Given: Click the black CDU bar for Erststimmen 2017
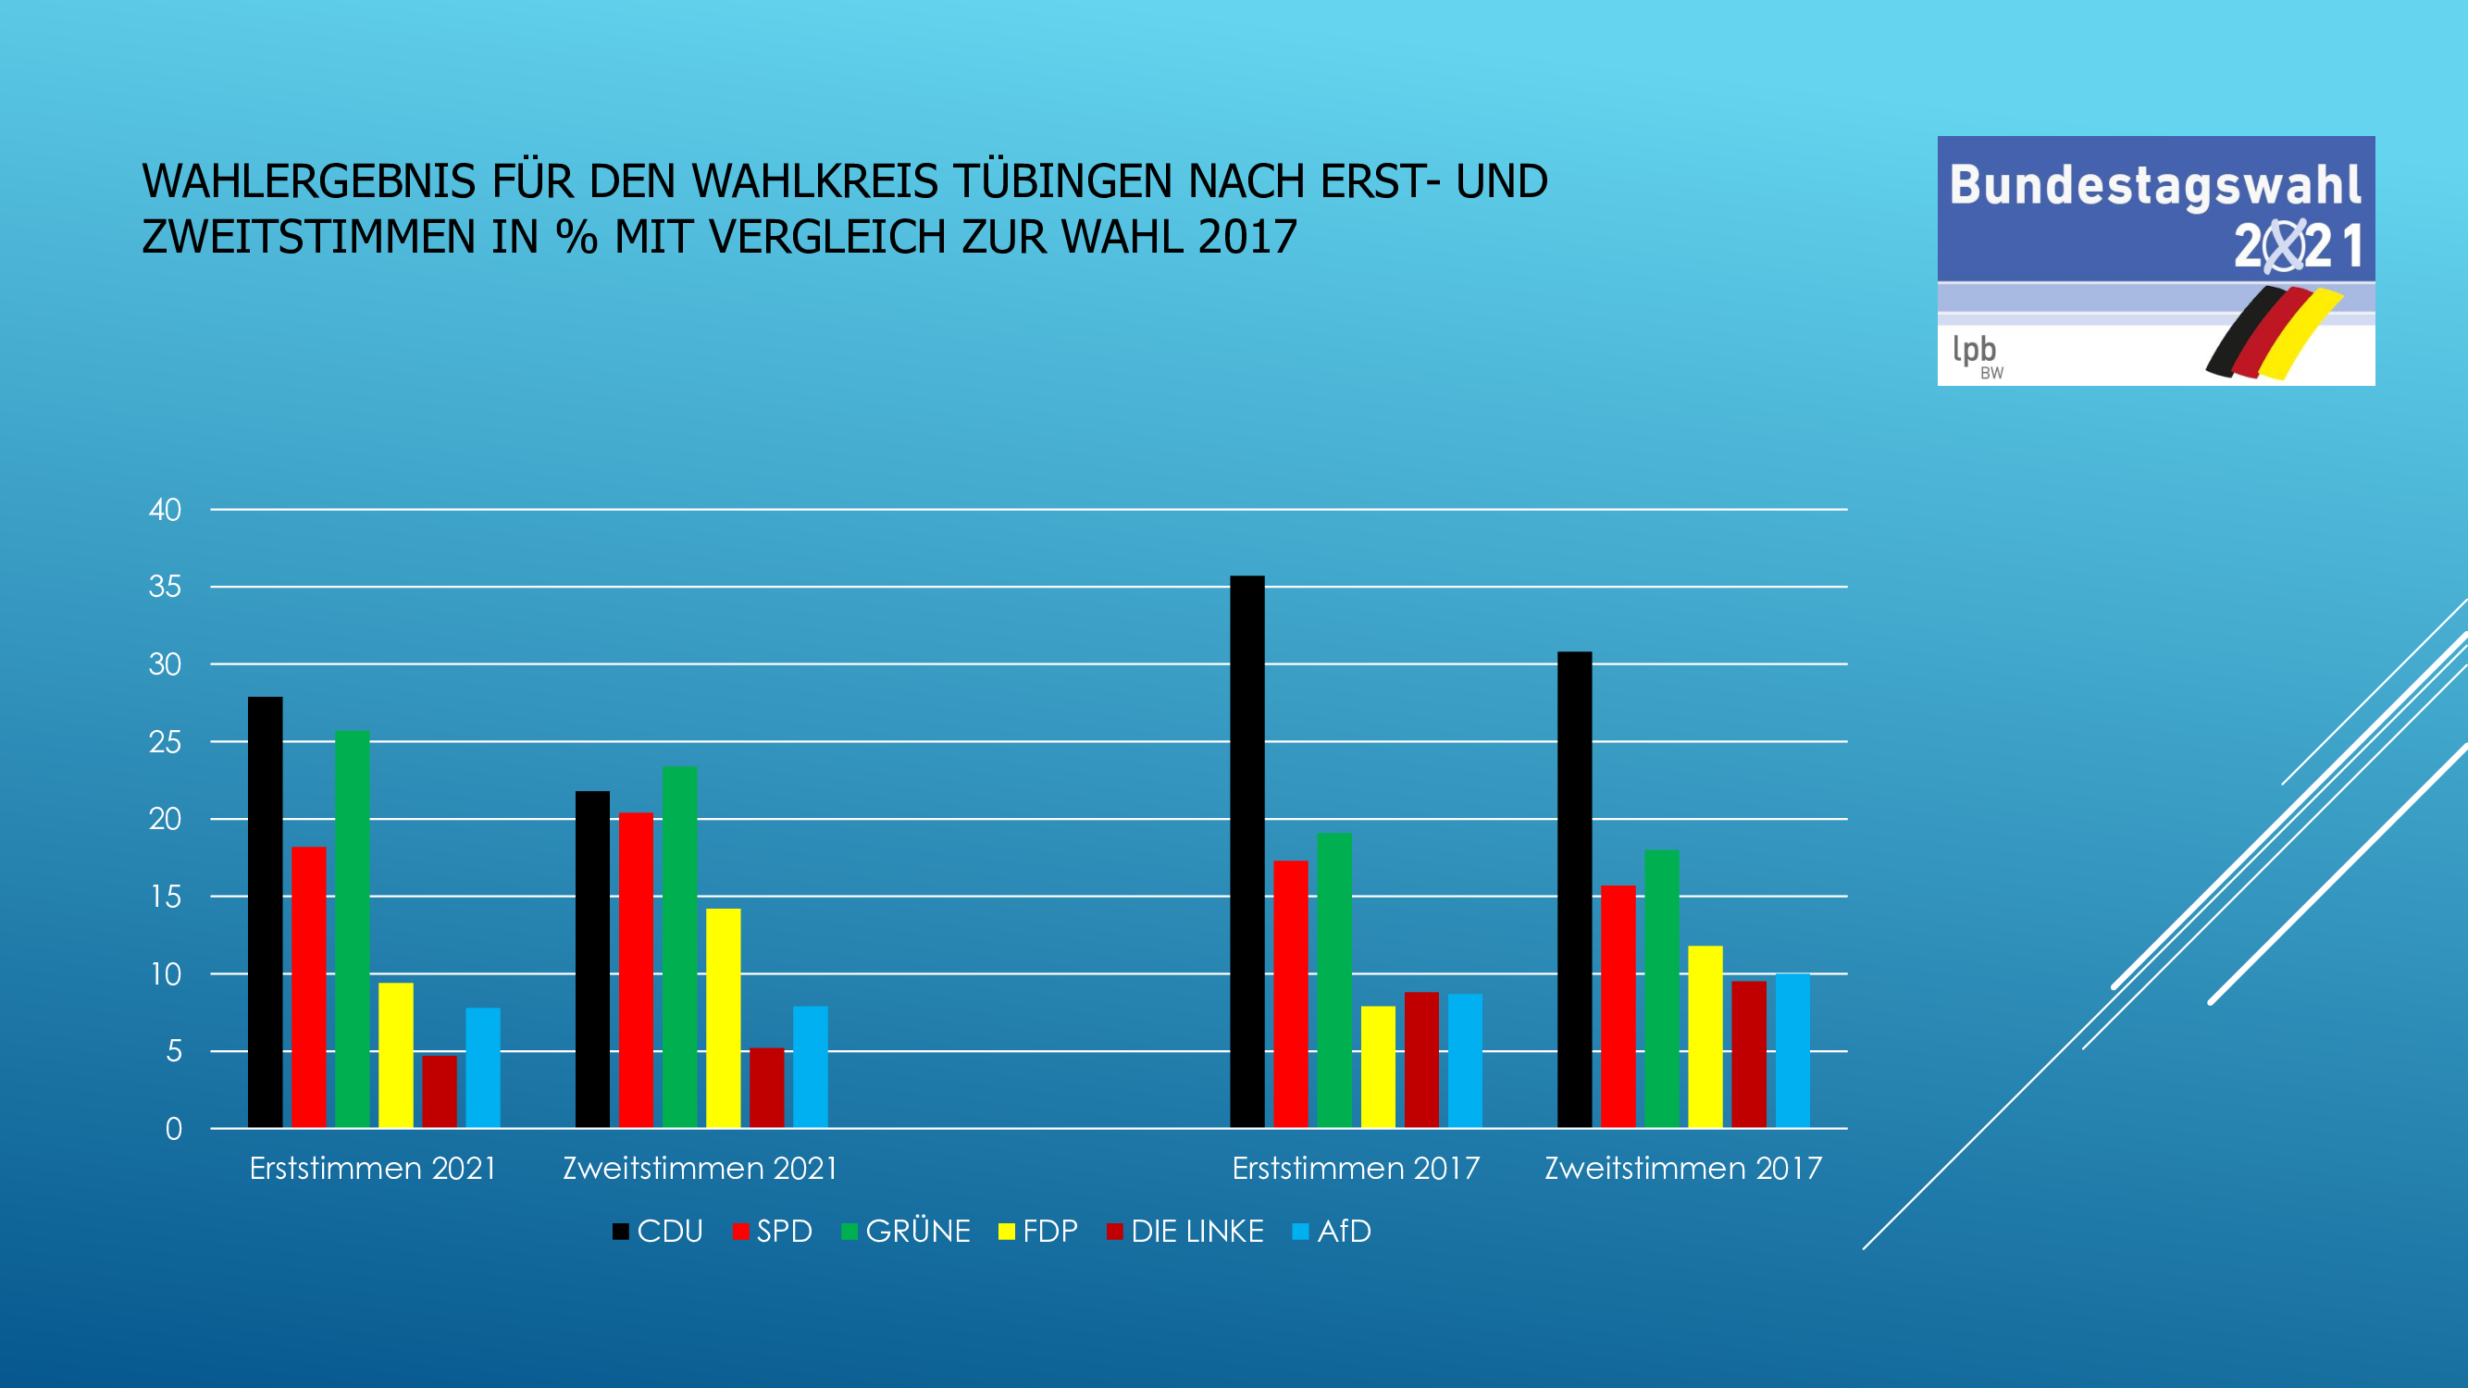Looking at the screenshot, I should [x=1246, y=852].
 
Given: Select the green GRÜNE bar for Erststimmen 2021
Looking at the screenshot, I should [x=352, y=929].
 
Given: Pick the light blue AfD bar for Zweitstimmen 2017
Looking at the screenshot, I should [x=1792, y=1051].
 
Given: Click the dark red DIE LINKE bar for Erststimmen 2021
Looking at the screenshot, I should [x=440, y=1092].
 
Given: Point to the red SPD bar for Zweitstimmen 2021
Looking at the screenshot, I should [x=636, y=971].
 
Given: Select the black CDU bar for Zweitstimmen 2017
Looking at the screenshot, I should [x=1574, y=890].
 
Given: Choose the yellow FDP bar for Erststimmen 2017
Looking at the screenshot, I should [x=1378, y=1067].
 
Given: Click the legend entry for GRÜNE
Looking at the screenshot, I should [x=906, y=1231].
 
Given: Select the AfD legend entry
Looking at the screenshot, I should [x=1333, y=1231].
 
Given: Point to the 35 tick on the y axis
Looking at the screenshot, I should [x=165, y=587].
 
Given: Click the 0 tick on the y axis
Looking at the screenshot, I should [x=173, y=1129].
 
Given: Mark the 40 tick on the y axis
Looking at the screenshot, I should [x=165, y=510].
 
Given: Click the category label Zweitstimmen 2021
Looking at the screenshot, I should [x=701, y=1169].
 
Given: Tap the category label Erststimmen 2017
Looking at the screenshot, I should [x=1356, y=1169].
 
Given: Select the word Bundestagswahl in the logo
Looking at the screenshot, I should [x=2154, y=185].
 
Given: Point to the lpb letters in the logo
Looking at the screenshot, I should [x=1974, y=350].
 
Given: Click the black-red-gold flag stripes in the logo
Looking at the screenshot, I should [x=2274, y=331].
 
